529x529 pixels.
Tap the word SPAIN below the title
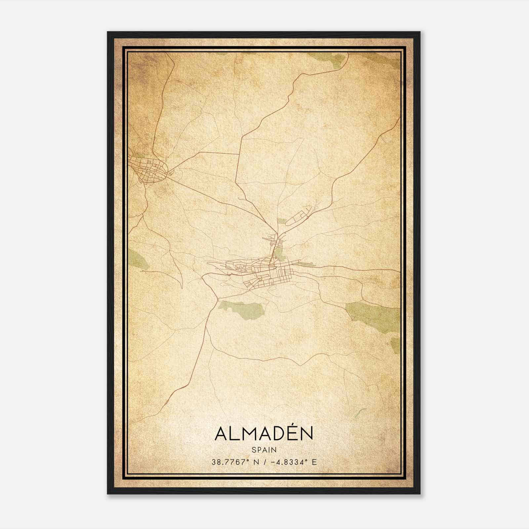[264, 450]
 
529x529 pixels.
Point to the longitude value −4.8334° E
[293, 462]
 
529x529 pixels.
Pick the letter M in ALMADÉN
[250, 434]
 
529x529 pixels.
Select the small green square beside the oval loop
[281, 221]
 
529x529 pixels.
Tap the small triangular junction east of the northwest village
[171, 172]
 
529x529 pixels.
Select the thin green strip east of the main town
[306, 264]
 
